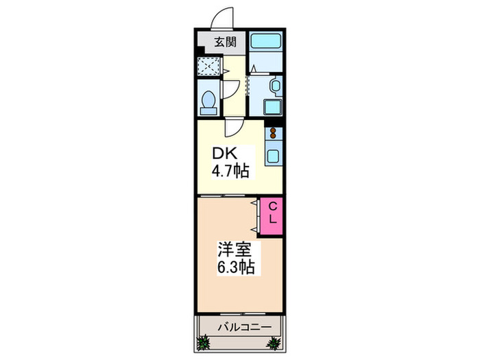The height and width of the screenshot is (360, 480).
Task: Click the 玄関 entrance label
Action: [225, 41]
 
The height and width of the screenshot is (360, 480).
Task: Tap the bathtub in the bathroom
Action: [265, 41]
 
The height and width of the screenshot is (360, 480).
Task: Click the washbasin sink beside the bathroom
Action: [274, 86]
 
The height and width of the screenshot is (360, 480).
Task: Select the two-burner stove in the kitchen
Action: [273, 132]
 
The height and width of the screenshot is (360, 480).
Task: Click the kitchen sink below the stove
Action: [273, 155]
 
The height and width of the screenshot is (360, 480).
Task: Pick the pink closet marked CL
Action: [272, 215]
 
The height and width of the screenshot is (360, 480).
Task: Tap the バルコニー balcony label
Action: [239, 326]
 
